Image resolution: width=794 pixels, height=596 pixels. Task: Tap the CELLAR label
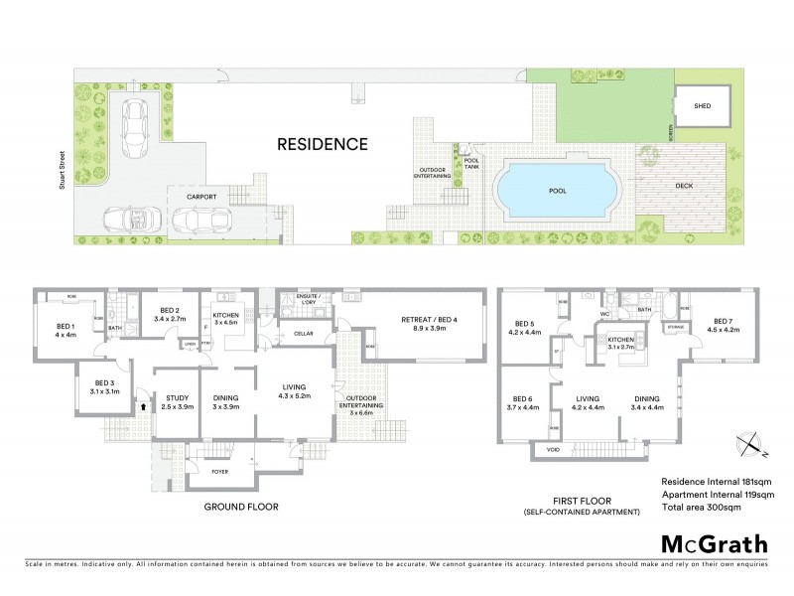coord(304,334)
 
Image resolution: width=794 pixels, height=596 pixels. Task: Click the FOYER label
coord(220,472)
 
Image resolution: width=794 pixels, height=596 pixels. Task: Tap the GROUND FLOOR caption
coord(240,506)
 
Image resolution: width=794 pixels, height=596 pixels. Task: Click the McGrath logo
coord(713,543)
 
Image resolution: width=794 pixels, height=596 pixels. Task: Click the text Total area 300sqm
coord(710,507)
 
